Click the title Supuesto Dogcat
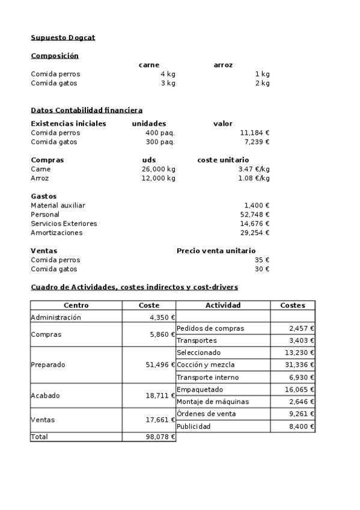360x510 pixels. pyautogui.click(x=63, y=38)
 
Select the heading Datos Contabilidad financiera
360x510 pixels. pyautogui.click(x=87, y=110)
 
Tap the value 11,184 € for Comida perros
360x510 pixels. pyautogui.click(x=255, y=133)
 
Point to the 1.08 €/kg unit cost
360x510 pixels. pyautogui.click(x=254, y=178)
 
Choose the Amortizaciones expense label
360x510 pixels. pyautogui.click(x=56, y=233)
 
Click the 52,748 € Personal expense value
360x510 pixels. pyautogui.click(x=255, y=215)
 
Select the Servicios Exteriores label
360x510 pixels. pyautogui.click(x=64, y=224)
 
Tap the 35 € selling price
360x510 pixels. pyautogui.click(x=263, y=260)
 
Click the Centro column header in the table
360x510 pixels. pyautogui.click(x=76, y=306)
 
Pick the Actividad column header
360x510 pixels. pyautogui.click(x=223, y=306)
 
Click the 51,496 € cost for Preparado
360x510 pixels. pyautogui.click(x=159, y=365)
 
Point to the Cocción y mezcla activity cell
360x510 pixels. pyautogui.click(x=206, y=365)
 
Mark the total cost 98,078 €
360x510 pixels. pyautogui.click(x=159, y=437)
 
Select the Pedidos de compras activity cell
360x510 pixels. pyautogui.click(x=210, y=328)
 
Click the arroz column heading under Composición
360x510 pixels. pyautogui.click(x=223, y=65)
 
